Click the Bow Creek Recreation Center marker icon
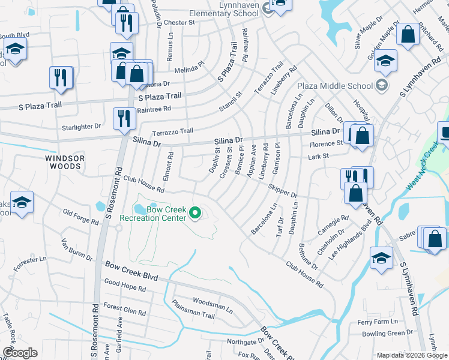(194, 212)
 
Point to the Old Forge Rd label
(81, 217)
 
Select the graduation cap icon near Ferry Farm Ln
(381, 258)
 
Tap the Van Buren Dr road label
(77, 251)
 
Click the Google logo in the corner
(20, 353)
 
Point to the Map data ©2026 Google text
(411, 355)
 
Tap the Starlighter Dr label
(82, 127)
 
